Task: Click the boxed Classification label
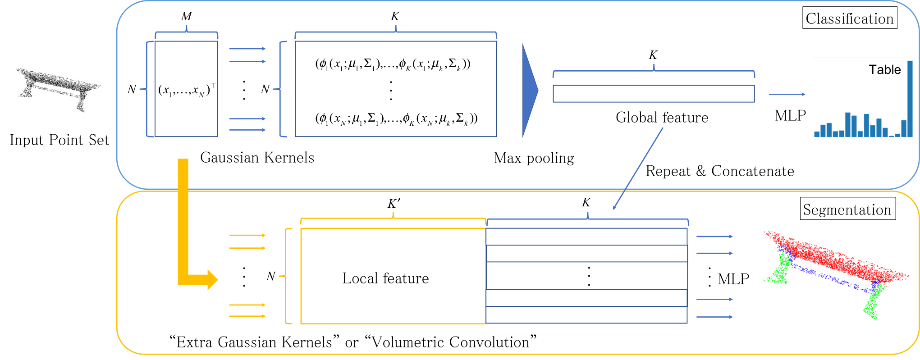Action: point(850,18)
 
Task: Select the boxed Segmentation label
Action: point(847,209)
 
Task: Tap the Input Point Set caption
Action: point(60,140)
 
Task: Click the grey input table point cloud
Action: point(57,88)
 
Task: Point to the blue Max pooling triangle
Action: point(530,91)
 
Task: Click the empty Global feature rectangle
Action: point(654,94)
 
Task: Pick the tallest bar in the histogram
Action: point(910,99)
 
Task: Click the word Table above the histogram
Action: point(885,70)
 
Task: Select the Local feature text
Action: point(385,278)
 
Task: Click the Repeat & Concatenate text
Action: point(720,171)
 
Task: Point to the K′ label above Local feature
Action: point(394,204)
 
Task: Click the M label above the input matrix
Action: point(186,17)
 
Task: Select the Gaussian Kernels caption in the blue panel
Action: point(257,158)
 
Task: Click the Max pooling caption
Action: point(534,158)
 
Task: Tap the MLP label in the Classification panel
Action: point(790,116)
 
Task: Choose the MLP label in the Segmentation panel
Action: point(733,279)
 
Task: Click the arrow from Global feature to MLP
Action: point(787,94)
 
